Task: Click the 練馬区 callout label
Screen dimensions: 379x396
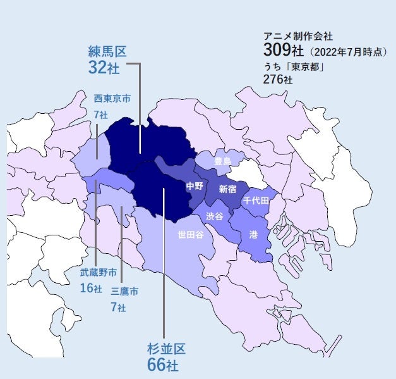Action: [107, 51]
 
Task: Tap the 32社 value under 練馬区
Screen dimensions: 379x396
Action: [103, 68]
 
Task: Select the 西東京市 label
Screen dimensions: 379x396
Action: [112, 99]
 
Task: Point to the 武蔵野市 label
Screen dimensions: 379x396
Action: [99, 273]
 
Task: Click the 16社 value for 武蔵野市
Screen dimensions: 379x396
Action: [91, 289]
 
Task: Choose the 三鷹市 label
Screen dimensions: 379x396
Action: [124, 292]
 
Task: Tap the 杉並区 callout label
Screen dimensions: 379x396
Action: [166, 349]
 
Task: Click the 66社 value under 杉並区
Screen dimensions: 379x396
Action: [162, 365]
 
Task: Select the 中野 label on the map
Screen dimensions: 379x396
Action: [195, 186]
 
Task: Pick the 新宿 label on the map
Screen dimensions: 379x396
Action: [227, 189]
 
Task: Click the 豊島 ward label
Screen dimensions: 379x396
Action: [222, 162]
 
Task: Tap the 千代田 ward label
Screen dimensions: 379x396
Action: [256, 200]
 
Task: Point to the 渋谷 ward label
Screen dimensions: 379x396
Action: [215, 216]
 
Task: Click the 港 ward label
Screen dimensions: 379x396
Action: [253, 234]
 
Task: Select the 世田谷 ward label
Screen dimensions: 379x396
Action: [190, 235]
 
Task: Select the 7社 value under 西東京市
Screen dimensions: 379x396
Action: [100, 115]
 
